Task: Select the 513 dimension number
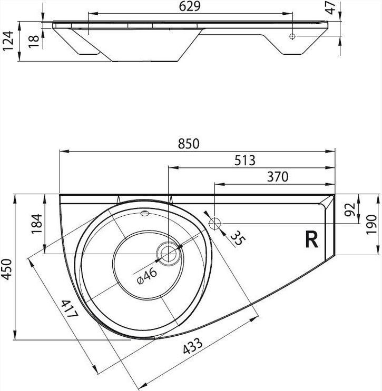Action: coord(245,161)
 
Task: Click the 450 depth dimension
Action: coord(6,267)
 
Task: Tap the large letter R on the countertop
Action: coord(312,239)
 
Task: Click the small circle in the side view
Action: coord(292,36)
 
